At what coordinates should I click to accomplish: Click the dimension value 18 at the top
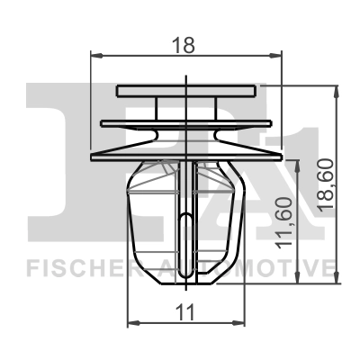point(185,43)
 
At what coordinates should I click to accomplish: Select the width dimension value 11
point(184,312)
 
